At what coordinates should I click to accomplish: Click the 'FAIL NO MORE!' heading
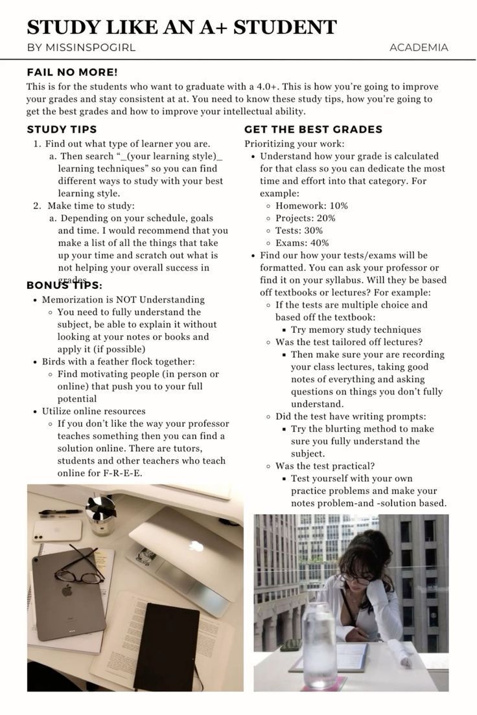[x=72, y=72]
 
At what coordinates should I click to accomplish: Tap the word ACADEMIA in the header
[x=419, y=47]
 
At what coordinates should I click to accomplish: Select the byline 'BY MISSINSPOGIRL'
[x=81, y=47]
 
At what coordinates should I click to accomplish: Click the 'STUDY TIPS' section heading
[x=62, y=130]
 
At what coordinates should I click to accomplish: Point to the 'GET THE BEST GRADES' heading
[x=313, y=130]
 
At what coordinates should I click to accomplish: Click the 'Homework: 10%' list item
[x=311, y=206]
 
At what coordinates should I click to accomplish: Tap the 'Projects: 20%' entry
[x=305, y=218]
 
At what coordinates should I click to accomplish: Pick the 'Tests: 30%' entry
[x=299, y=231]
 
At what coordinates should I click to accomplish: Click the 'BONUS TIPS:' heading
[x=64, y=285]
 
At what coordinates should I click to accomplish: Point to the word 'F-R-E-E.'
[x=122, y=473]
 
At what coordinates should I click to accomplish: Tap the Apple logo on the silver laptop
[x=196, y=546]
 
